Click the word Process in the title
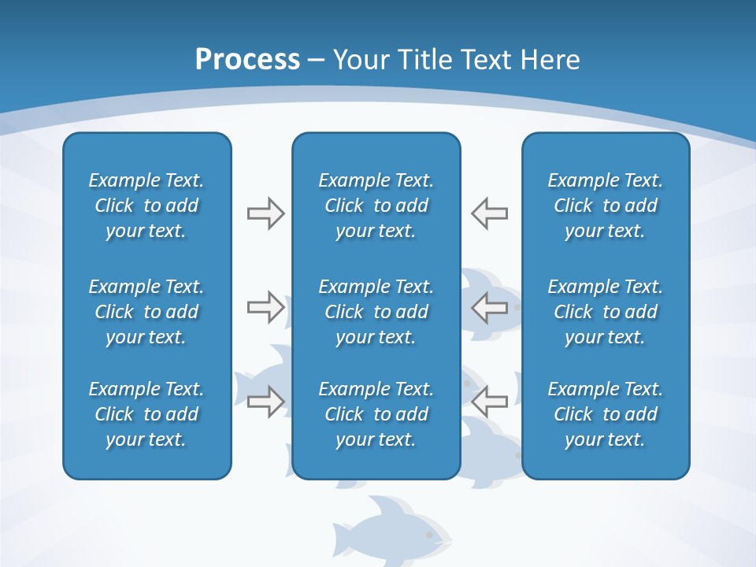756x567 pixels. pos(247,60)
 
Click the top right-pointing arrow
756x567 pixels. pos(265,213)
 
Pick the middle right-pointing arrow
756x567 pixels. pos(265,307)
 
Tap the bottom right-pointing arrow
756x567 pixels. pos(265,402)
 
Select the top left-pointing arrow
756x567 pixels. pos(489,213)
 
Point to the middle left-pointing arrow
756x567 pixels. pos(489,307)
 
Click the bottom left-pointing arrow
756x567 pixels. pos(489,402)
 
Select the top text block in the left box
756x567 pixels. pos(146,206)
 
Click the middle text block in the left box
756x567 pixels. pos(146,312)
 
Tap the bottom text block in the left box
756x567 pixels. pos(146,414)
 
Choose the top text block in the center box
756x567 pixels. pos(376,206)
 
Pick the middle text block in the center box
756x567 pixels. pos(376,312)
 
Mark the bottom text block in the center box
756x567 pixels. pos(376,414)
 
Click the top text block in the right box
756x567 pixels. pos(606,206)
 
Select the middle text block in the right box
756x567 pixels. pos(606,312)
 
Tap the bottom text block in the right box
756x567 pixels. pos(606,414)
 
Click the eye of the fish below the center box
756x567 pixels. pos(429,535)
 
